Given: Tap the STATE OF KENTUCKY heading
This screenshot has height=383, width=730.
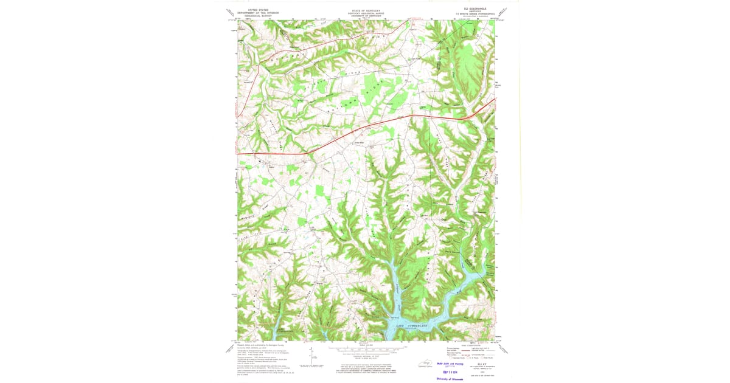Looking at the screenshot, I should pyautogui.click(x=365, y=11).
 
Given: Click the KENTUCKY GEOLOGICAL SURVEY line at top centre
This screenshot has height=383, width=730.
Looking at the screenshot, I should pyautogui.click(x=365, y=14).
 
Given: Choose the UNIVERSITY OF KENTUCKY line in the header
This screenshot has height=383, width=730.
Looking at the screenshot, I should pyautogui.click(x=365, y=16).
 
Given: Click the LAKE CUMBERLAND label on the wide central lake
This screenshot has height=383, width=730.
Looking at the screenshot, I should pyautogui.click(x=415, y=327).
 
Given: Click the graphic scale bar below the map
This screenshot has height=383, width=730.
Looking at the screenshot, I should pyautogui.click(x=365, y=351).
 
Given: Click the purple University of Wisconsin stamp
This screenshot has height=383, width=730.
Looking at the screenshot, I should pyautogui.click(x=450, y=378).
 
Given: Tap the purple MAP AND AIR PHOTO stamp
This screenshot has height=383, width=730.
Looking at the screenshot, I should pyautogui.click(x=450, y=364).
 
